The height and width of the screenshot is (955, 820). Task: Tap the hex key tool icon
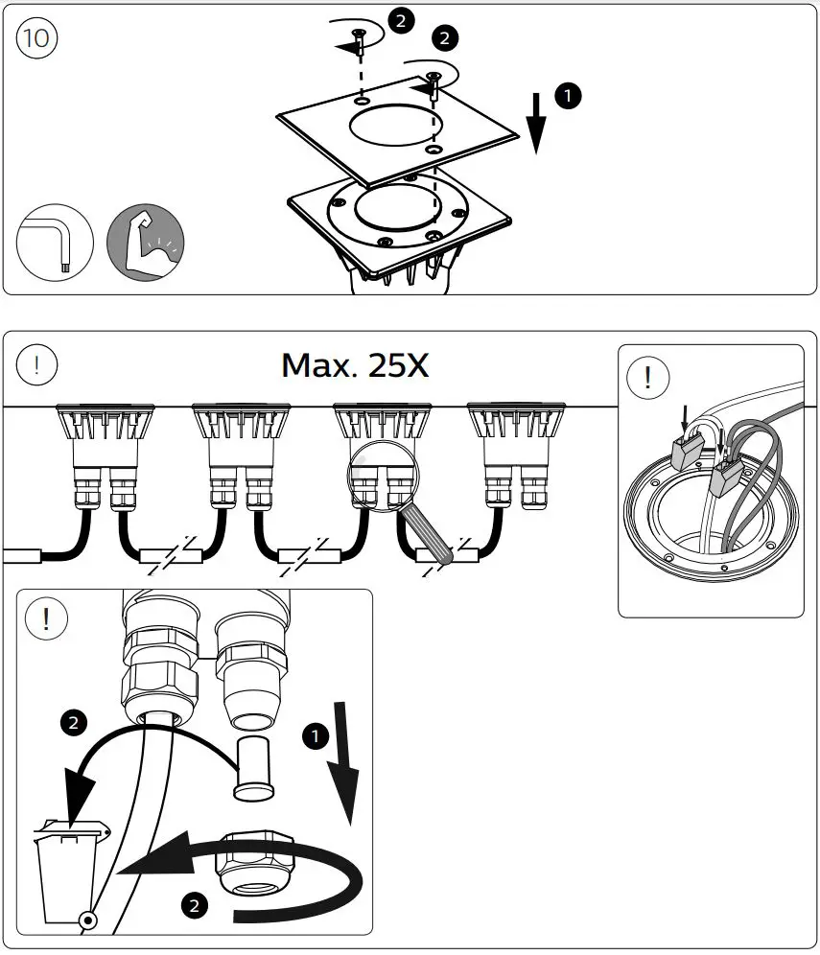(x=55, y=242)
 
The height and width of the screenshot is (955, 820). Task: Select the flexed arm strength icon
(x=145, y=242)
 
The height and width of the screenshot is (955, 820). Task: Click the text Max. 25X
(x=355, y=364)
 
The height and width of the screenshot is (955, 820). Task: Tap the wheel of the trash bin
(x=87, y=920)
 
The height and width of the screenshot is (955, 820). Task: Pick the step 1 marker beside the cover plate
(x=568, y=95)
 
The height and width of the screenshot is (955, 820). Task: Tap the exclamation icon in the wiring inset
(x=648, y=377)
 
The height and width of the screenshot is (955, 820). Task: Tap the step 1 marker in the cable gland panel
(x=314, y=737)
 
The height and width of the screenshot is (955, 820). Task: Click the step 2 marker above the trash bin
(x=74, y=722)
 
